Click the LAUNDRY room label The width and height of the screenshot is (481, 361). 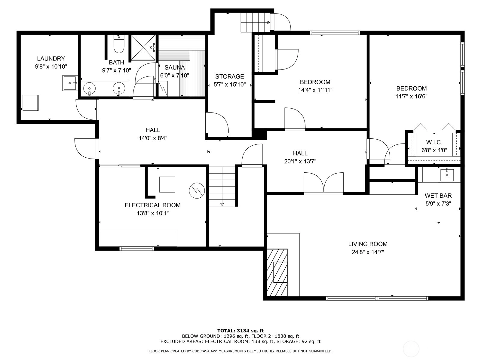pos(51,59)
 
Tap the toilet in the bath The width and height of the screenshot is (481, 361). pos(119,44)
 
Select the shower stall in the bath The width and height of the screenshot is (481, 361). pos(143,47)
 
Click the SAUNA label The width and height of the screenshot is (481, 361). pos(175,67)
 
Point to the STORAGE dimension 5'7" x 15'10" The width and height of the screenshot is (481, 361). pos(230,85)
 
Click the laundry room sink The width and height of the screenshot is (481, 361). pos(70,83)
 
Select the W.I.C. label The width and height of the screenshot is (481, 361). pos(434,142)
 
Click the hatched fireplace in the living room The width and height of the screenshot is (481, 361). pos(277,273)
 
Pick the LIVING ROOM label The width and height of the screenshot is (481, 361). pos(368,244)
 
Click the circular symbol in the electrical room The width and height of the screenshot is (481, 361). pos(197,190)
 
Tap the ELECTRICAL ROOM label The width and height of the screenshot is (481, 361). pos(152,205)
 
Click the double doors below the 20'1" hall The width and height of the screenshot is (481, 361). pos(324,183)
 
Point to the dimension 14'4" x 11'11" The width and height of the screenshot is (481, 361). pos(315,90)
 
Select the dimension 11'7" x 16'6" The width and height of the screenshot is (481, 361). pos(412,97)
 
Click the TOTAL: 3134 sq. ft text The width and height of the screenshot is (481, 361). pos(240,331)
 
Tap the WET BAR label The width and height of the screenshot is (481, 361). pos(438,196)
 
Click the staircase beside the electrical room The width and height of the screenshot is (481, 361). pos(222,186)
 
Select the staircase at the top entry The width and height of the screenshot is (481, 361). pos(256,22)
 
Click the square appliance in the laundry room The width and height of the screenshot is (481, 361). pos(31,103)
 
